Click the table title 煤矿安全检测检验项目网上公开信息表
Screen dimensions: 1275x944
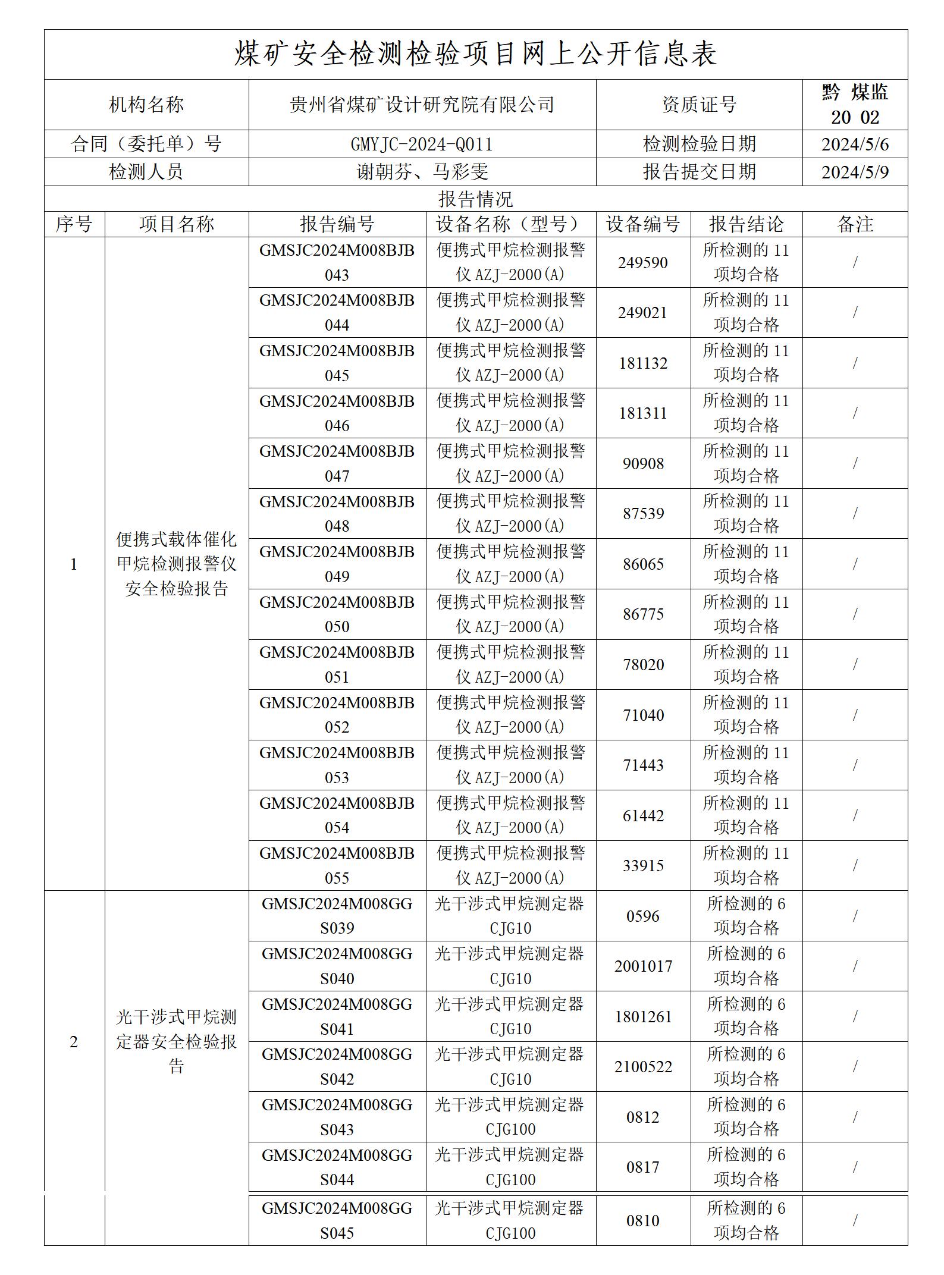coord(475,54)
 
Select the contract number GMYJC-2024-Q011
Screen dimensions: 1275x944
coord(422,144)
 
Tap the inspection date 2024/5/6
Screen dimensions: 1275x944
coord(855,144)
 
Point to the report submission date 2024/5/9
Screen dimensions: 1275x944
coord(855,172)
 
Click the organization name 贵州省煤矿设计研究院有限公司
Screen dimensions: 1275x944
coord(422,105)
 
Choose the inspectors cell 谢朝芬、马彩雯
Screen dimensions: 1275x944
coord(422,172)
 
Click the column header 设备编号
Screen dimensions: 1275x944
coord(643,224)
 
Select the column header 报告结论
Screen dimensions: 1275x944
coord(746,224)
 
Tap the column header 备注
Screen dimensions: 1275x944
coord(855,224)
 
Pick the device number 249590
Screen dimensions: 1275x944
coord(643,263)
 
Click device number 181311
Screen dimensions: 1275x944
coord(643,413)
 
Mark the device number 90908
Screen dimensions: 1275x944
coord(643,464)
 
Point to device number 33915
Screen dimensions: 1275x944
coord(643,866)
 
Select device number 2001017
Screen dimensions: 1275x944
coord(643,966)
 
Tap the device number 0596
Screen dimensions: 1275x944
coord(643,916)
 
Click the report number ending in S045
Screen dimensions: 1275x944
coord(337,1221)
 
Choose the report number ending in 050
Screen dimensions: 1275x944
coord(337,614)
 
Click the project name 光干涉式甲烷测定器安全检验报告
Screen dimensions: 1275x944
coord(177,1042)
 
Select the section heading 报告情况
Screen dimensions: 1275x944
coord(475,199)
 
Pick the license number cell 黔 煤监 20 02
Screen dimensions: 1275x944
coord(855,105)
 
